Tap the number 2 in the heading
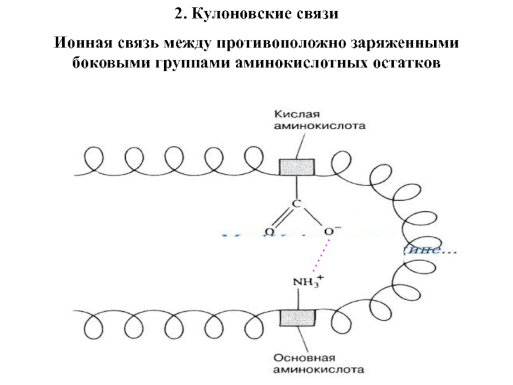(x=177, y=14)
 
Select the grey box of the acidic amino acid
(x=296, y=167)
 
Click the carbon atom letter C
(x=296, y=204)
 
